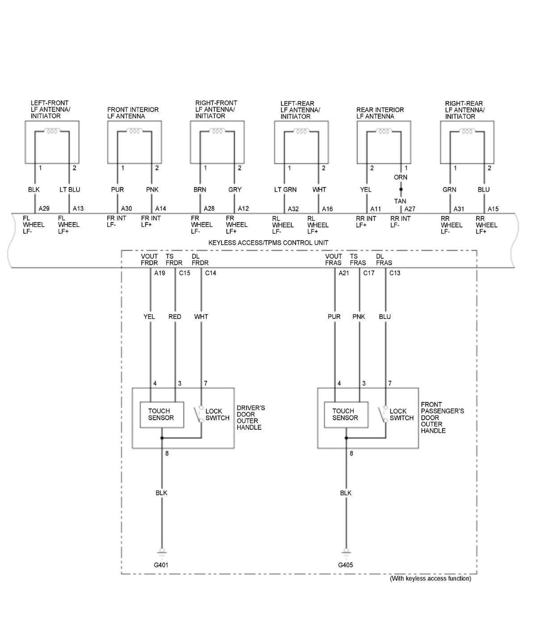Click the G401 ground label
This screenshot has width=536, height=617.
(x=161, y=565)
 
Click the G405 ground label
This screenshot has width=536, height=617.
(x=345, y=565)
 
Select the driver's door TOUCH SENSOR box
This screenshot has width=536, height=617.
(x=161, y=414)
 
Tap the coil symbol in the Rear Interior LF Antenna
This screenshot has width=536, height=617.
(x=384, y=131)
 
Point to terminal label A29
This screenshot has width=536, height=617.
(x=44, y=209)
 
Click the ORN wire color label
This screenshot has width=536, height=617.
(x=400, y=177)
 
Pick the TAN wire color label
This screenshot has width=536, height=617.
(x=400, y=201)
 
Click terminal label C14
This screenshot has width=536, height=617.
(x=210, y=273)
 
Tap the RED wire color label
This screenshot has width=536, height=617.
(x=175, y=317)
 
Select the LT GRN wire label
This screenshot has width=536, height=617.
(x=285, y=190)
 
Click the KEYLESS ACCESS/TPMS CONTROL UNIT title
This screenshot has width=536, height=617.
(x=268, y=243)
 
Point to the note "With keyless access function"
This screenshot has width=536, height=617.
(x=430, y=579)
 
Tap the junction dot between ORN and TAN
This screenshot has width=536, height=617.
(x=401, y=190)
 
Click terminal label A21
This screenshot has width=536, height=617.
(x=344, y=273)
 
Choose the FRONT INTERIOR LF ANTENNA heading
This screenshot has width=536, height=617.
(x=133, y=113)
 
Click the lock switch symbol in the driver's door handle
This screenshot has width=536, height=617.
(x=199, y=414)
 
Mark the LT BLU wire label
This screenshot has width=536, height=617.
(x=70, y=190)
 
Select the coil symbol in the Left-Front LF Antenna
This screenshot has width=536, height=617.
(x=52, y=131)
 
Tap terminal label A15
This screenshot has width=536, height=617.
(x=493, y=209)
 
